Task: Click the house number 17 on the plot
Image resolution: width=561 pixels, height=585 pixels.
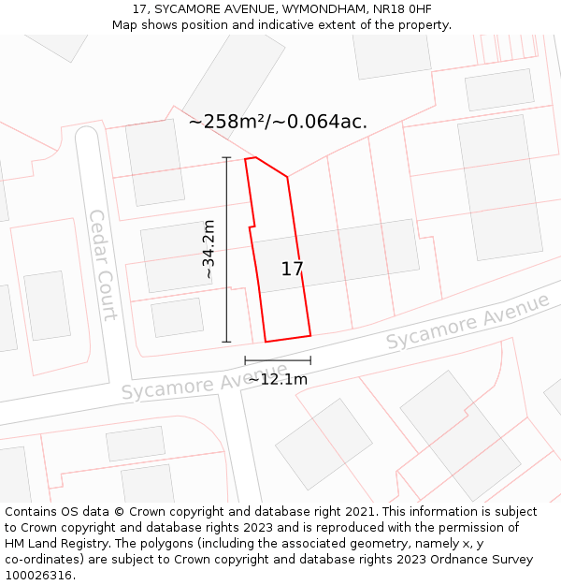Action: pos(293,270)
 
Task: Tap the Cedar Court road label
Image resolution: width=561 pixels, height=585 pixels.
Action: pos(104,265)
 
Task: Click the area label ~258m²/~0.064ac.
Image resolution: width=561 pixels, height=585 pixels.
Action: pos(278,122)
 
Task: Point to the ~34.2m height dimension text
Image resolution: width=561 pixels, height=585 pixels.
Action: pos(209,249)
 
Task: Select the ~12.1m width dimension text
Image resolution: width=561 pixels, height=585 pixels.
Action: pos(277,379)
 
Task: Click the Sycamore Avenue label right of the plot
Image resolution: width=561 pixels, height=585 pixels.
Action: pos(467,323)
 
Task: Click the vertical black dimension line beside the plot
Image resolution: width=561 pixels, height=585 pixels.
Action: pos(226,249)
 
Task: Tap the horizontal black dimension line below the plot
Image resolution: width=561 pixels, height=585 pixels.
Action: pos(278,360)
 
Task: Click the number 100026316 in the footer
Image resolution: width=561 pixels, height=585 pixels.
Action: pos(38,576)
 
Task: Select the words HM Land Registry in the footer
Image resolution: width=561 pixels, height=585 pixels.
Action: pos(52,544)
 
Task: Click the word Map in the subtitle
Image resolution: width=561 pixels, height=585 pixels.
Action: pos(125,25)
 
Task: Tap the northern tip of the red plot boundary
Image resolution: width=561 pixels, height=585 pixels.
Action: pos(251,158)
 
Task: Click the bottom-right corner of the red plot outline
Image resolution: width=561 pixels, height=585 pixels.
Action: pos(310,335)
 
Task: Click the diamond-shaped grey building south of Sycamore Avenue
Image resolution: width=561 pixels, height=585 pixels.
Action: pos(460,435)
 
